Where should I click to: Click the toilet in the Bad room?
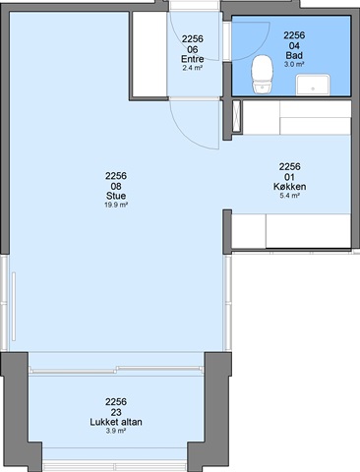[263, 74]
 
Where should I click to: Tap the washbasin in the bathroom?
[313, 85]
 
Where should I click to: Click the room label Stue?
[116, 196]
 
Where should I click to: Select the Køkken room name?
[290, 187]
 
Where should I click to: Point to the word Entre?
[193, 59]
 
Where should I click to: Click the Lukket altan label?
[116, 422]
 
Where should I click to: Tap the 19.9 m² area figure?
[116, 206]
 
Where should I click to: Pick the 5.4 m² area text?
[290, 196]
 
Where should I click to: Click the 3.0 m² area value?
[294, 65]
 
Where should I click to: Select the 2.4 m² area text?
[193, 68]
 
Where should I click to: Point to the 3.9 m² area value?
[116, 431]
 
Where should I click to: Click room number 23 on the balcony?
[116, 412]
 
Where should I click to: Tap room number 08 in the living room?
[116, 186]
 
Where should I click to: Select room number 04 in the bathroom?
[294, 45]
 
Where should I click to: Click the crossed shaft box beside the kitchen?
[236, 116]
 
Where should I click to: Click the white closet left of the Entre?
[150, 54]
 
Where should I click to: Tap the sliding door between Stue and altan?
[116, 371]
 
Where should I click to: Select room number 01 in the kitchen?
[290, 177]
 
